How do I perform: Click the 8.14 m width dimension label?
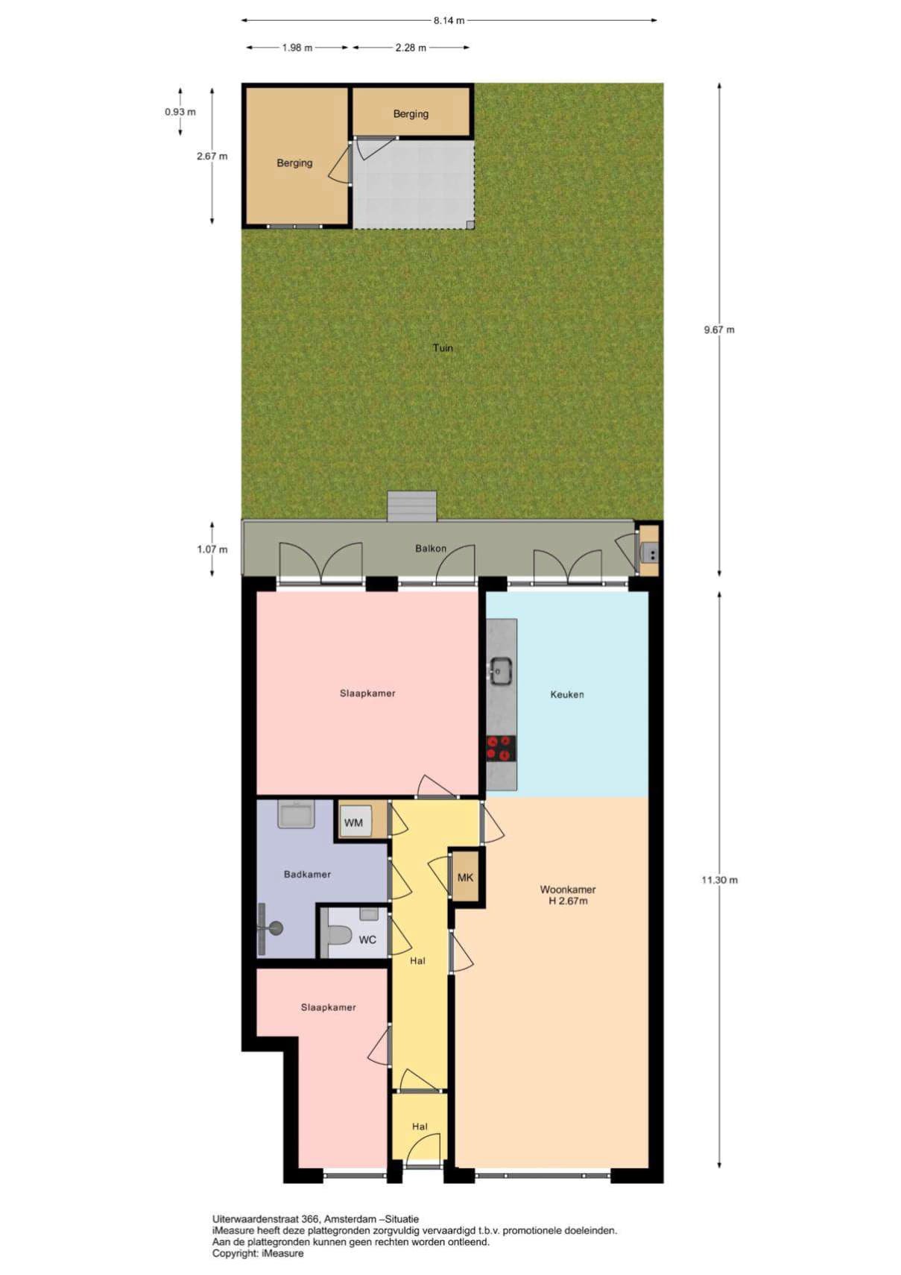(449, 20)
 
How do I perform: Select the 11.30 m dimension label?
(719, 880)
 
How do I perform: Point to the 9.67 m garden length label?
(719, 330)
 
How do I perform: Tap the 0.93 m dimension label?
(180, 112)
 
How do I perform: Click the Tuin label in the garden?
(443, 347)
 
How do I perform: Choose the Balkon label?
(430, 549)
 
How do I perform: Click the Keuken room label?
(566, 694)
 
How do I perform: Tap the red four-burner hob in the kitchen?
(501, 748)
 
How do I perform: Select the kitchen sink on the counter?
(501, 670)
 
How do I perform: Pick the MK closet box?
(465, 877)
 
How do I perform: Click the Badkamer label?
(307, 875)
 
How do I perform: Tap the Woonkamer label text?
(568, 889)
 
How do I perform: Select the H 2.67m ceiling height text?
(567, 901)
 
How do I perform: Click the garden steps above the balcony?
(412, 506)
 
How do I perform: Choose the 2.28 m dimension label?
(411, 48)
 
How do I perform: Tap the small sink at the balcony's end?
(649, 552)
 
